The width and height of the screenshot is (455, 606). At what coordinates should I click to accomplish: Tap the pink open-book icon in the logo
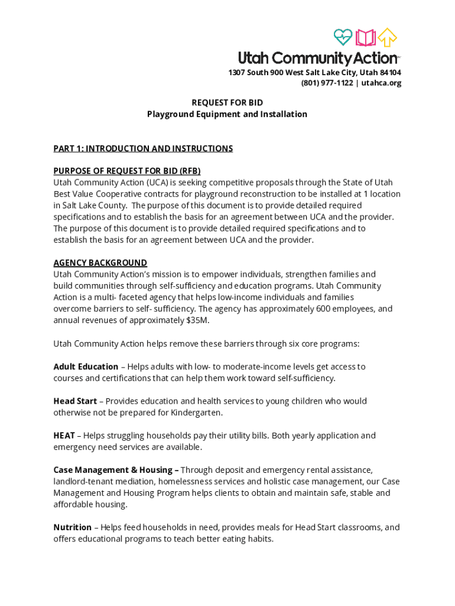point(366,38)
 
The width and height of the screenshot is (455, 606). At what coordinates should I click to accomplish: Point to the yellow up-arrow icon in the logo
point(388,37)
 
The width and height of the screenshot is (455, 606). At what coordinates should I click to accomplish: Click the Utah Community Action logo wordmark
point(318,58)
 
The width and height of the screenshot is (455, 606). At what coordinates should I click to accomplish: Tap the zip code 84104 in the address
point(389,72)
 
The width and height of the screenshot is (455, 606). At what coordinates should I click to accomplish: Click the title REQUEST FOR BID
point(227,103)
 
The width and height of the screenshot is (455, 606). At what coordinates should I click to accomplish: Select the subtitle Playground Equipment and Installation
point(227,114)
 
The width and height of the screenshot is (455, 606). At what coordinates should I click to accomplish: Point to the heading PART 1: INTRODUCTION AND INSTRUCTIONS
point(143,149)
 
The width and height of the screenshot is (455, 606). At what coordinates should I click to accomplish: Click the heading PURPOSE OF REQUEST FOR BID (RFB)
point(127,171)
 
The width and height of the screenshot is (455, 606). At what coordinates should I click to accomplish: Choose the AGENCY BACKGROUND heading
point(100,263)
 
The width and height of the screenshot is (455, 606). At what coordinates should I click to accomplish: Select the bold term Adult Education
point(86,367)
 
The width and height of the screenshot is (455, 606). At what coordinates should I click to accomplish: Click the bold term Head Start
point(75,401)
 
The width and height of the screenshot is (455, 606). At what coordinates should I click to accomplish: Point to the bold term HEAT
point(64,436)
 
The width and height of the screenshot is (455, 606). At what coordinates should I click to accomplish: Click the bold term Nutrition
point(72,527)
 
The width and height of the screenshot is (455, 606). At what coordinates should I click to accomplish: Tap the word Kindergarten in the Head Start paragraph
point(197,412)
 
